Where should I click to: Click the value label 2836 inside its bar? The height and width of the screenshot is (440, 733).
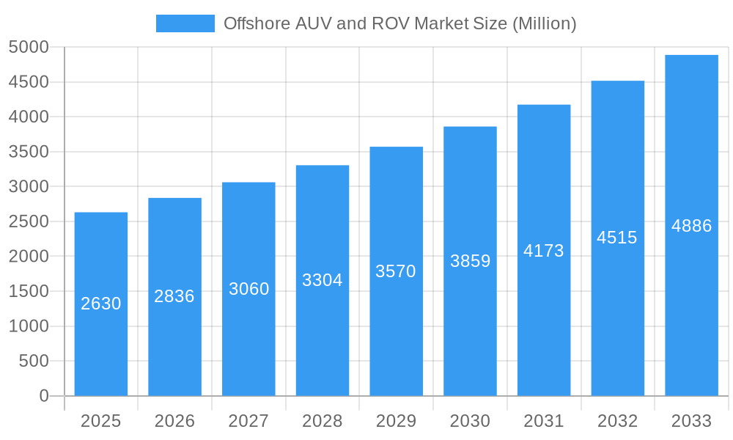pyautogui.click(x=174, y=296)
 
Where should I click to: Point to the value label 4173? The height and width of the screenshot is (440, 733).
pyautogui.click(x=544, y=251)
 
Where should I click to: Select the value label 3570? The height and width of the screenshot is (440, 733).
pyautogui.click(x=396, y=271)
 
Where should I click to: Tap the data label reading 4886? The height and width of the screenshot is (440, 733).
pyautogui.click(x=691, y=226)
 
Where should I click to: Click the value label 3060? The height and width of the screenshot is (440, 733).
pyautogui.click(x=248, y=289)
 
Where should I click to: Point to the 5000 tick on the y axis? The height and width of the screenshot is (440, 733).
pyautogui.click(x=29, y=48)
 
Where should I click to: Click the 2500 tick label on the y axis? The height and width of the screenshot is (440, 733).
pyautogui.click(x=29, y=221)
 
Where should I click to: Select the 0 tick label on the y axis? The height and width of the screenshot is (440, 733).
pyautogui.click(x=43, y=396)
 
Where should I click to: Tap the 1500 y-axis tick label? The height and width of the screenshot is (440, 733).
pyautogui.click(x=29, y=291)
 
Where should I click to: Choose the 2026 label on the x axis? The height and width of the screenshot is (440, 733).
pyautogui.click(x=174, y=421)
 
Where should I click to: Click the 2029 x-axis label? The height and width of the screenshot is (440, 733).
pyautogui.click(x=396, y=421)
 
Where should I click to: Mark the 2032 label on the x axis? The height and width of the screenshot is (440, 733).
pyautogui.click(x=617, y=421)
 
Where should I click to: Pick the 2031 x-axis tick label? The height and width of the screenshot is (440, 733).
pyautogui.click(x=544, y=421)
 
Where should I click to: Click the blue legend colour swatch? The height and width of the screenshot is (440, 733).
pyautogui.click(x=185, y=23)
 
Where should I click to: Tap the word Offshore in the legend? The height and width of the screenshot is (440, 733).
pyautogui.click(x=254, y=23)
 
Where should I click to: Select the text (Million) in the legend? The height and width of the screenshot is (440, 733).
pyautogui.click(x=544, y=23)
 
